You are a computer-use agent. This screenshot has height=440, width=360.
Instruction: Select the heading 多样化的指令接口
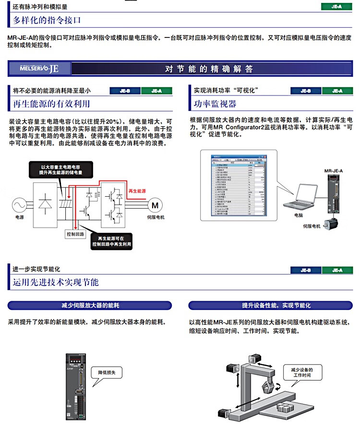point(47,20)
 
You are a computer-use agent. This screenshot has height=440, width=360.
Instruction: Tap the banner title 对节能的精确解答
point(209,69)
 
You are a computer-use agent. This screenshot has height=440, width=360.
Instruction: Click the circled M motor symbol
point(155,205)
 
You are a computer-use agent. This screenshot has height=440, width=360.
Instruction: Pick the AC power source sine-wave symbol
point(19,205)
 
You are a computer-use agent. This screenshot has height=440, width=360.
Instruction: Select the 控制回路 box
point(75,234)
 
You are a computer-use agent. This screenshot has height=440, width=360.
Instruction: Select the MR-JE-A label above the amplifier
point(333,170)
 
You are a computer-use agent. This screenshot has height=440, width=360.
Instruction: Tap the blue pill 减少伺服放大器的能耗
point(90,305)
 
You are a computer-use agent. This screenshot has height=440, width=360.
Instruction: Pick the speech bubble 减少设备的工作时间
point(301,372)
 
